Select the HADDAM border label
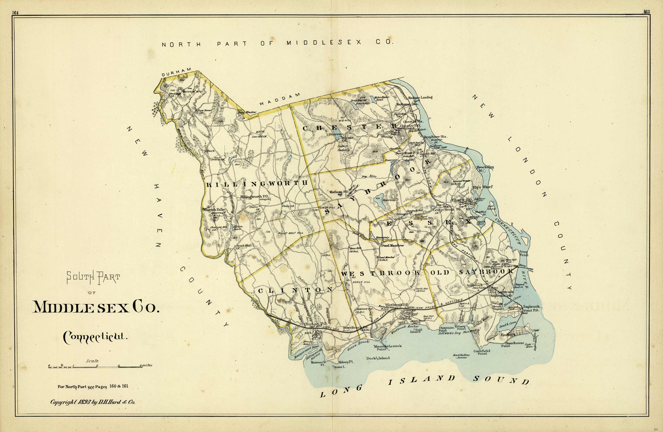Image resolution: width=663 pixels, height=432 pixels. pyautogui.click(x=280, y=99)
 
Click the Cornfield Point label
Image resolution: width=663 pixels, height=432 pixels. pyautogui.click(x=482, y=352)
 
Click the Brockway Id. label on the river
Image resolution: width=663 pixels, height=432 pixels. pyautogui.click(x=485, y=168)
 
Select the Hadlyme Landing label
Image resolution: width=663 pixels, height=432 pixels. pyautogui.click(x=420, y=97)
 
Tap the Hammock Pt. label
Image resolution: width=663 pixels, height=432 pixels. pyautogui.click(x=318, y=364)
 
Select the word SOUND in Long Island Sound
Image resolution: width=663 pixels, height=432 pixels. pyautogui.click(x=501, y=380)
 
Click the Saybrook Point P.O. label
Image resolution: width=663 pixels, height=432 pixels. pyautogui.click(x=531, y=308)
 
